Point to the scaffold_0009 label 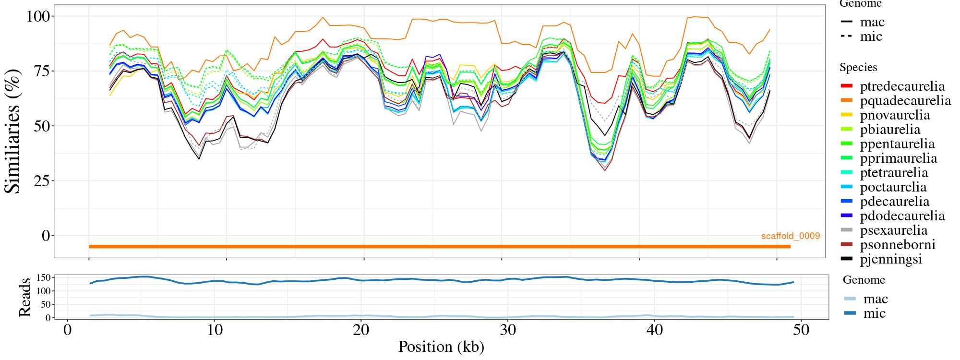(790, 236)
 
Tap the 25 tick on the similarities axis (40, 181)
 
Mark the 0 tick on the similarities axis (46, 236)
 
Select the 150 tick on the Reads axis (44, 277)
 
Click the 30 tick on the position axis (507, 330)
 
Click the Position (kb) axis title (441, 347)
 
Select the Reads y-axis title (24, 297)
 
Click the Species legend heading (858, 68)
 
